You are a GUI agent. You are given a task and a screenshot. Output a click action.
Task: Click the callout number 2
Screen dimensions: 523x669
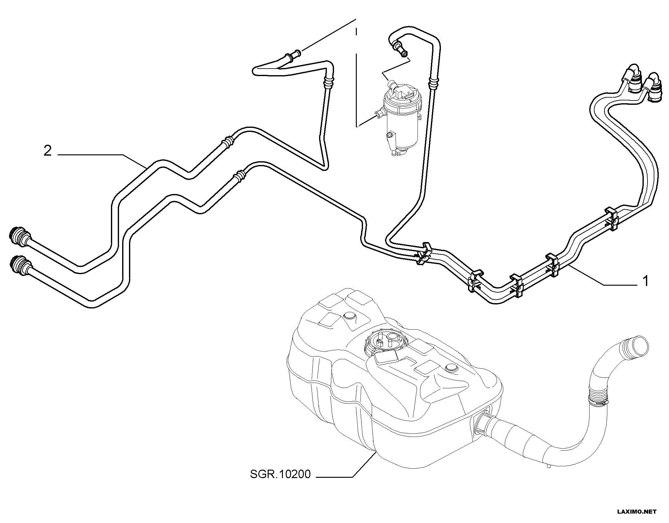[47, 152]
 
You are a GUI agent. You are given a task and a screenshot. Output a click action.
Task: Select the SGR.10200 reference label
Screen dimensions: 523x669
[280, 483]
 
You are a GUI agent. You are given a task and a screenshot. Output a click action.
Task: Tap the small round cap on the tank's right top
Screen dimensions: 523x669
[451, 367]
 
